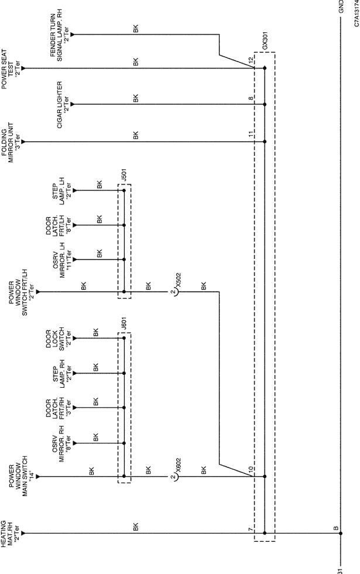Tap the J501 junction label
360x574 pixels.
coord(124,176)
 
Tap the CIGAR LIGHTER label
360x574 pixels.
coord(63,104)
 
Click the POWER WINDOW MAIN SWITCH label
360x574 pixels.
coord(18,476)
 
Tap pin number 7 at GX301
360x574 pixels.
coord(251,529)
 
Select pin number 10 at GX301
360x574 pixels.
coord(251,469)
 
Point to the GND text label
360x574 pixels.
coord(341,6)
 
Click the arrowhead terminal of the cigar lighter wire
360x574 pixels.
coord(73,104)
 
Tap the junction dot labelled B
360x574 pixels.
coord(341,534)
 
